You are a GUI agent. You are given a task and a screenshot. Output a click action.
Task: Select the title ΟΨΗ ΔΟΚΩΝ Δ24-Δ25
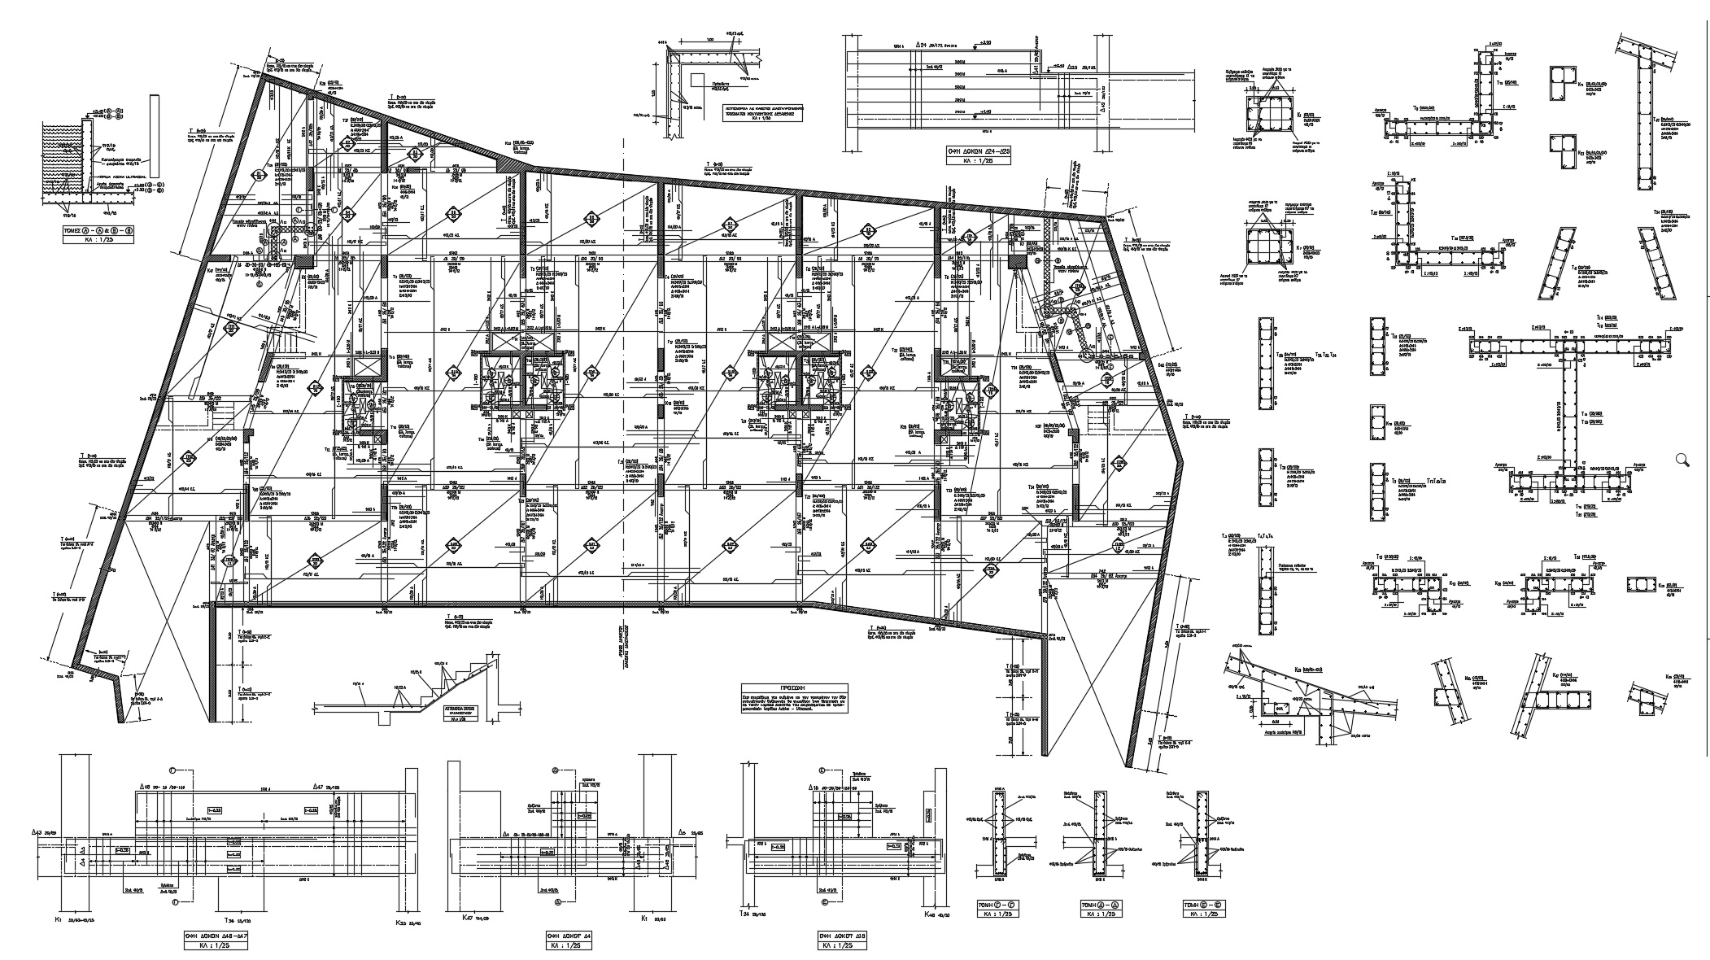(973, 151)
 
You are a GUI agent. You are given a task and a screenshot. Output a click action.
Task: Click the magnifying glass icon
(1683, 460)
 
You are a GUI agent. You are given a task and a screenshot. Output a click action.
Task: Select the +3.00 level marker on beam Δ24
(987, 41)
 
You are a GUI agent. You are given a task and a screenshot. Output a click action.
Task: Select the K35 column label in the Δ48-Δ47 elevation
(400, 923)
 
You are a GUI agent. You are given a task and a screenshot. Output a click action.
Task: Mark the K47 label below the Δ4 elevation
(465, 918)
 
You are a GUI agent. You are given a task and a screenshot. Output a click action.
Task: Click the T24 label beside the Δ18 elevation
(744, 915)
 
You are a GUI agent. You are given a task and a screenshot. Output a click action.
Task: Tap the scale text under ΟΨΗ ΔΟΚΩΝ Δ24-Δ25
(973, 161)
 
